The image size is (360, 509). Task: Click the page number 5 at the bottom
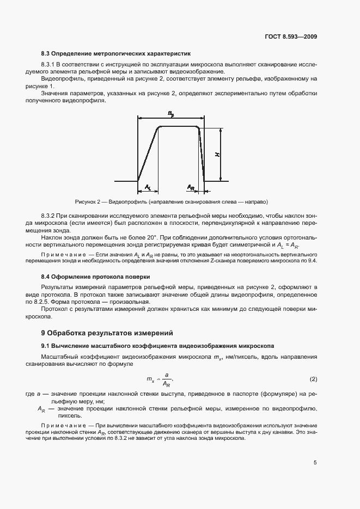[315, 463]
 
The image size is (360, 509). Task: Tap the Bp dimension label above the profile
[170, 113]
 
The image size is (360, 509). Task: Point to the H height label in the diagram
[217, 155]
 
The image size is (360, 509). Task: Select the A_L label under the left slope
[148, 187]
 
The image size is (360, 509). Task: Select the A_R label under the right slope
[191, 187]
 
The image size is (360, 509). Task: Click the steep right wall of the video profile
[202, 155]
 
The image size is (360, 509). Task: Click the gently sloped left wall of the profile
[148, 154]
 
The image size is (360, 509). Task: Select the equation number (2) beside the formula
[313, 378]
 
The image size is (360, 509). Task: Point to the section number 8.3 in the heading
[46, 54]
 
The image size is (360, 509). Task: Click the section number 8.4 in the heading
[46, 277]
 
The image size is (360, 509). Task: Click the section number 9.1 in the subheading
[46, 346]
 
